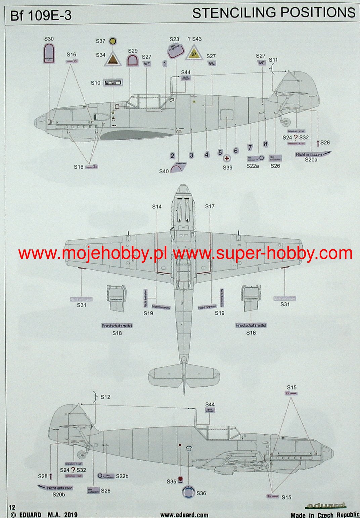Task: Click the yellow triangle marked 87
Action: point(193,53)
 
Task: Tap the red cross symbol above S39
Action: point(227,159)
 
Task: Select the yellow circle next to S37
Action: point(114,41)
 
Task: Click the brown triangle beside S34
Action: point(113,60)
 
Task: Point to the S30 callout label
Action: point(49,39)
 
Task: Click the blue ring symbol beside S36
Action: point(188,492)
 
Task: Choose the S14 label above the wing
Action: point(157,206)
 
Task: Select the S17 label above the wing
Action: point(210,206)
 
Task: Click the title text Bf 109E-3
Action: point(41,16)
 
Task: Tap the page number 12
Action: point(12,507)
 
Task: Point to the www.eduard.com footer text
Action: point(184,515)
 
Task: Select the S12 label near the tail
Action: point(105,397)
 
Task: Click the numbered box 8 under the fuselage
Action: point(265,144)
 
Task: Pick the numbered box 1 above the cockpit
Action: point(165,64)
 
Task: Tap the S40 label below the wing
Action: point(164,171)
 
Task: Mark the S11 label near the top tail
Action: point(273,60)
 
